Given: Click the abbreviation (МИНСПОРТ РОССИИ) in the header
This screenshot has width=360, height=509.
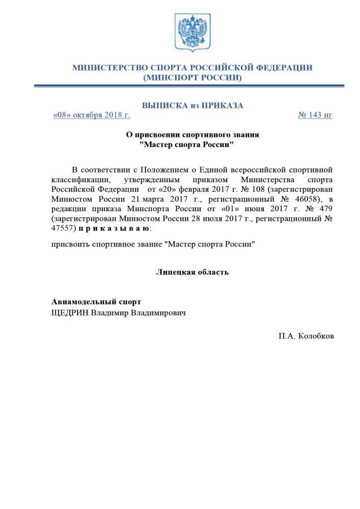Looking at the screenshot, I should (x=192, y=78).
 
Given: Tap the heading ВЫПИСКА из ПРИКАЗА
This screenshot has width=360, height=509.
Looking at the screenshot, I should (x=192, y=105).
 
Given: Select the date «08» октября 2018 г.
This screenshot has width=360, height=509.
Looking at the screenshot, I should (x=92, y=115).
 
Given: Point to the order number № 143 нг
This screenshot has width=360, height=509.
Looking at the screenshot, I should (x=315, y=115).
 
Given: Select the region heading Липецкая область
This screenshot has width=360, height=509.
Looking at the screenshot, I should (x=192, y=272).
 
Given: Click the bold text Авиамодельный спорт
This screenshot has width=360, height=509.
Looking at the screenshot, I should (x=96, y=302).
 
